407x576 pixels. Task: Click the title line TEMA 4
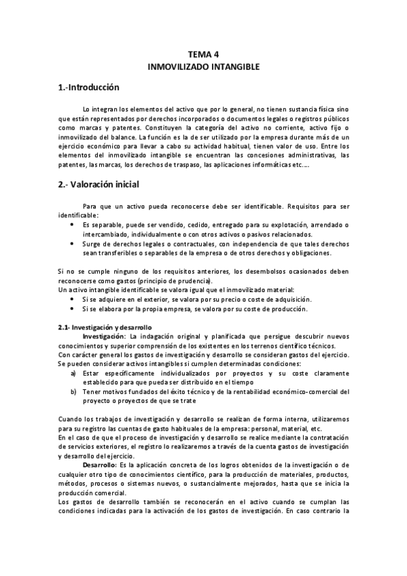coord(204,57)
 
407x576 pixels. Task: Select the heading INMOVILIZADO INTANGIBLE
coord(204,69)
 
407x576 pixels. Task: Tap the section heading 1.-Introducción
coord(88,88)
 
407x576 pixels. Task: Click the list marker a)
coord(73,373)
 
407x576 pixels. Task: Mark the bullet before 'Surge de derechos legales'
coord(73,243)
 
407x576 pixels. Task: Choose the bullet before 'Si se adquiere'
coord(73,299)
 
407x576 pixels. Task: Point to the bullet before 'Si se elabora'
coord(73,309)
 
